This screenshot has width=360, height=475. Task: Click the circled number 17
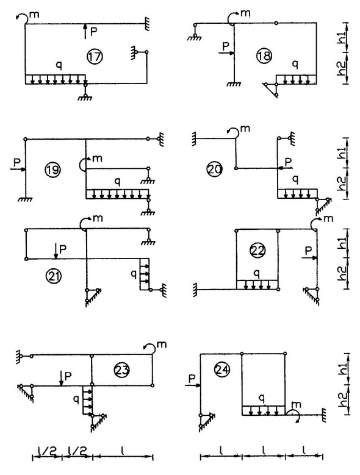(95, 56)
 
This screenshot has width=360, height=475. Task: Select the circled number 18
(264, 56)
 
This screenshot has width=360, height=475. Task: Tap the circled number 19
(52, 170)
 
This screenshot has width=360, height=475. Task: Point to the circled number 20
(215, 169)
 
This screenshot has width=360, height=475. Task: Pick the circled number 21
(53, 276)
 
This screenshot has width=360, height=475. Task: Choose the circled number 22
(257, 250)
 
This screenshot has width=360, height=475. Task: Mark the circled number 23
(122, 370)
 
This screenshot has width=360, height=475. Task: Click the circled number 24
(222, 370)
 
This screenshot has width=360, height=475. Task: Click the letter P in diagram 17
(93, 32)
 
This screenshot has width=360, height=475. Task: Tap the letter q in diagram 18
(295, 64)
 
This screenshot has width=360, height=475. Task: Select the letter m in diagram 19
(97, 158)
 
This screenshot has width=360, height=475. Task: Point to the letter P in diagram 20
(287, 160)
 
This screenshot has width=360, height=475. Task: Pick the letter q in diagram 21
(134, 274)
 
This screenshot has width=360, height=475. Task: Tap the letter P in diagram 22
(309, 251)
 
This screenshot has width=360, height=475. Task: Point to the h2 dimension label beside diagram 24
(342, 399)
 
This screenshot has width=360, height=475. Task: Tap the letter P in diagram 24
(192, 379)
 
